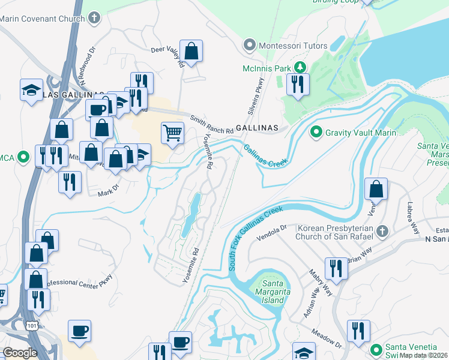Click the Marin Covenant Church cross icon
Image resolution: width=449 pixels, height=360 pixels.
[93, 18]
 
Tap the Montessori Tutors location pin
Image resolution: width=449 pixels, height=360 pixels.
[249, 46]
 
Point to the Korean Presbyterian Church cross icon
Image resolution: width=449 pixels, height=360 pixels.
[382, 232]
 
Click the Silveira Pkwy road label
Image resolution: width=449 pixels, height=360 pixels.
[255, 96]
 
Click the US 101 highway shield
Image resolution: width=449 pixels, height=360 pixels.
[30, 325]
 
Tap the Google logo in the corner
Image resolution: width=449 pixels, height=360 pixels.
[20, 353]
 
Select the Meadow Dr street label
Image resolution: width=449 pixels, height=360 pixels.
[325, 338]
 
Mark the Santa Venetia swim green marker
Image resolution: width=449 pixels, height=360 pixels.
[376, 349]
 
